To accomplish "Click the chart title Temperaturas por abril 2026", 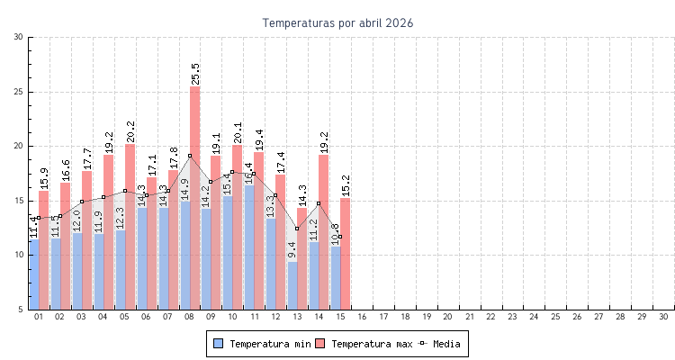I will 338,22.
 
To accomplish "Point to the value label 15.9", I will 44,178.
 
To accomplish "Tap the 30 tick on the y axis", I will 19,37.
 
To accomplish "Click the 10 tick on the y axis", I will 19,255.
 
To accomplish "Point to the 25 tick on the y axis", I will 19,92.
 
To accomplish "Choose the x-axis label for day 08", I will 190,317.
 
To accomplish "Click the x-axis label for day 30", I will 663,317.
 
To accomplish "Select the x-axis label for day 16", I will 362,317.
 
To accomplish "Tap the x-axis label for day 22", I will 491,317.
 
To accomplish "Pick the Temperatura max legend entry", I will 364,344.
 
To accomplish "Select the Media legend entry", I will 445,344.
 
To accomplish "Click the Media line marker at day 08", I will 190,156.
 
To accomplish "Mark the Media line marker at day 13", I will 297,229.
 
